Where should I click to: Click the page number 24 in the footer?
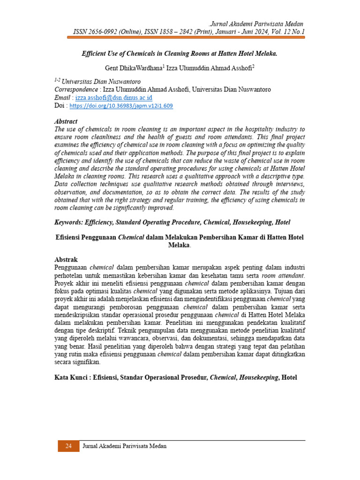[x=68, y=446]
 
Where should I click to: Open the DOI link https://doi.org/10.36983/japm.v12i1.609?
[x=121, y=106]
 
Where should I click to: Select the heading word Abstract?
[x=66, y=121]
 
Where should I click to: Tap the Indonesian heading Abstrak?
[x=66, y=259]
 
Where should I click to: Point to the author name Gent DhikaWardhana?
[x=133, y=68]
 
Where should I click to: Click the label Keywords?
[x=69, y=222]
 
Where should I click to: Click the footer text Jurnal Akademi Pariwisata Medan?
[x=124, y=446]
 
